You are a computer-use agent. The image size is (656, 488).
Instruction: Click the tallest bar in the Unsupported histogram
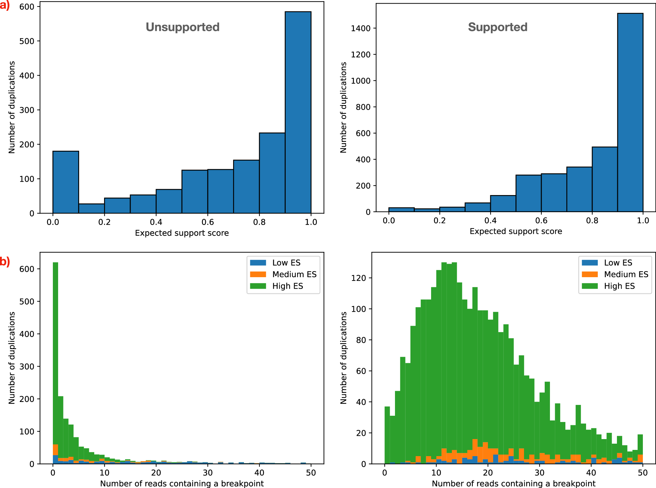(x=298, y=112)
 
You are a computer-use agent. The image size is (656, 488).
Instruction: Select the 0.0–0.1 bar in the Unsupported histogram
(x=66, y=182)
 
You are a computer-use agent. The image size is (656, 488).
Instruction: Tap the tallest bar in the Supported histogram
(x=630, y=112)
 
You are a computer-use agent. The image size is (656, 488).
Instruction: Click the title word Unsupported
(x=183, y=27)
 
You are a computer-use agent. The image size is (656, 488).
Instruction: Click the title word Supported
(x=497, y=27)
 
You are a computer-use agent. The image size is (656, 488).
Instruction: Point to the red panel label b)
(x=5, y=261)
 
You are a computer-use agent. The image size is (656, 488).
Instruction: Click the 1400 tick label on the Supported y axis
(x=361, y=29)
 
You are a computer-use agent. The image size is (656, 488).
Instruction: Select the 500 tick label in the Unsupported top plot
(x=27, y=41)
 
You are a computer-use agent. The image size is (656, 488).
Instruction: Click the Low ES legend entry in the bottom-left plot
(x=286, y=263)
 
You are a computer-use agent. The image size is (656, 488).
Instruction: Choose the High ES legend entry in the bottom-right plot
(x=619, y=286)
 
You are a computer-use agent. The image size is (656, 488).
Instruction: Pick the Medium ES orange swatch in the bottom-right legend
(x=590, y=274)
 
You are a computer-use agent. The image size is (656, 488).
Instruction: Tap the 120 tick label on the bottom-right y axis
(x=359, y=278)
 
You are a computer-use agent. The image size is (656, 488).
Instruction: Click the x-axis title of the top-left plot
(x=182, y=233)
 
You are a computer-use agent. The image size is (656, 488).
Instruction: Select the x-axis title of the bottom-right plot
(x=513, y=483)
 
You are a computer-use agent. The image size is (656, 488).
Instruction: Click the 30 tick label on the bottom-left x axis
(x=208, y=473)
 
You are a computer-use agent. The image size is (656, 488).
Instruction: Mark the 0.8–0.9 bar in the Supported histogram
(x=604, y=179)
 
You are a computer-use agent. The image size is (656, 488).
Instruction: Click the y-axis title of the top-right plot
(x=343, y=107)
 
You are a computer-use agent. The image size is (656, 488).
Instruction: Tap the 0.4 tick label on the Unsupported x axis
(x=156, y=222)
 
